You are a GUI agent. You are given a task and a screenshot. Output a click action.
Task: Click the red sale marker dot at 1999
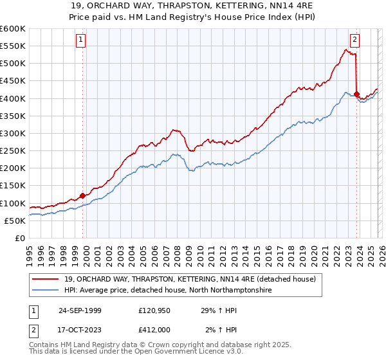click(82, 195)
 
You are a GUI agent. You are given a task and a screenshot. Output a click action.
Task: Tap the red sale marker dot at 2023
click(356, 94)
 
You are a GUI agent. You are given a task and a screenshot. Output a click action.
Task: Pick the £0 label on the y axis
click(19, 238)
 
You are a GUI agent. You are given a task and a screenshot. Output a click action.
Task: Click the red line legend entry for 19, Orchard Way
click(190, 280)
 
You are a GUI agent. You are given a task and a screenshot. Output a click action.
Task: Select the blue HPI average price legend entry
click(167, 291)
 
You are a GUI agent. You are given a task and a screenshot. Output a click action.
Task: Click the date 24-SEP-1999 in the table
click(80, 310)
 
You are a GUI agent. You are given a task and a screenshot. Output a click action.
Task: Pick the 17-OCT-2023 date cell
click(80, 330)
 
